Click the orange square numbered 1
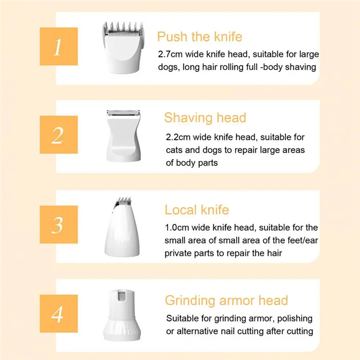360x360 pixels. click(x=59, y=46)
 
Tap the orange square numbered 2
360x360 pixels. click(x=59, y=135)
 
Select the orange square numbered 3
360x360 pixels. click(x=59, y=224)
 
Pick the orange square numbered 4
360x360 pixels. click(x=59, y=314)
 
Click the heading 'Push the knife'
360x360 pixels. click(x=199, y=36)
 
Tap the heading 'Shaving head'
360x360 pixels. click(x=205, y=118)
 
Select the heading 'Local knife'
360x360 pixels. click(x=197, y=210)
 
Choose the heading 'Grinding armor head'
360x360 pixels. click(x=226, y=301)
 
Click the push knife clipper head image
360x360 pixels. click(x=123, y=48)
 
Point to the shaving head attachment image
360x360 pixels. click(x=123, y=135)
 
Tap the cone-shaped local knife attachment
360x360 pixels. click(x=122, y=227)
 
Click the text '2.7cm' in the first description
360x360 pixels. click(x=171, y=54)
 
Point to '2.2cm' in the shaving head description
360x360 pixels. click(x=178, y=137)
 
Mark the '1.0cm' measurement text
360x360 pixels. click(x=177, y=228)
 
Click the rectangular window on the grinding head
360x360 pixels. click(x=122, y=296)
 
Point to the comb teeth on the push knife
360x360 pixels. click(x=123, y=27)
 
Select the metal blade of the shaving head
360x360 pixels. click(x=123, y=112)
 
